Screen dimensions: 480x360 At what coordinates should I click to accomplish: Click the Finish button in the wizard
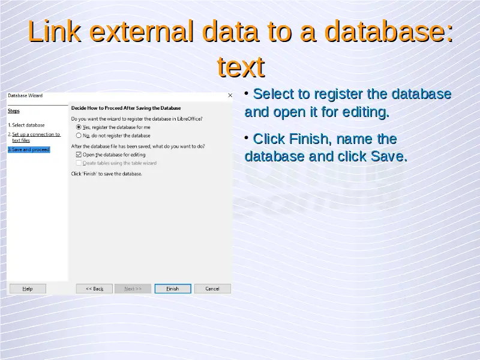point(173,289)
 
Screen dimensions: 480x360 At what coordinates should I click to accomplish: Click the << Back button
point(94,289)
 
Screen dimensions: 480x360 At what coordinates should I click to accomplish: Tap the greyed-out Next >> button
point(133,289)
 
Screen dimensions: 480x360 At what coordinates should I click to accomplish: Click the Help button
point(28,289)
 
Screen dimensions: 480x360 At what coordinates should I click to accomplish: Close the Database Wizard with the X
point(230,95)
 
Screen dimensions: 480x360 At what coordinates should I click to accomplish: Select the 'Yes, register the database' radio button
point(79,127)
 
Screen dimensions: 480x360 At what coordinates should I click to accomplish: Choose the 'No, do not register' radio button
point(79,136)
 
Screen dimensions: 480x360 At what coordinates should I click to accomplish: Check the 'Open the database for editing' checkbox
point(79,155)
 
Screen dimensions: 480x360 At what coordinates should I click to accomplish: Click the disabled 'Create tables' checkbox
point(79,163)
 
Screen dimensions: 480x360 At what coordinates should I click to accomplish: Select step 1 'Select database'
point(26,125)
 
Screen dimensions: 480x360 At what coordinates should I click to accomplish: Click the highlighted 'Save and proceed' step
point(29,149)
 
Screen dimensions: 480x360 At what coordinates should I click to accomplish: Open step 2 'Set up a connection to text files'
point(34,137)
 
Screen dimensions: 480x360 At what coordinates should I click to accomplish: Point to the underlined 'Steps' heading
point(14,111)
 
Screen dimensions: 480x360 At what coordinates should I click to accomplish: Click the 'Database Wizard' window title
point(25,95)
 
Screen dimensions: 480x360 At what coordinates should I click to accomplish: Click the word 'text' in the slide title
point(241,67)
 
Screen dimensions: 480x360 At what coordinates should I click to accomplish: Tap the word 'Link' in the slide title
point(55,31)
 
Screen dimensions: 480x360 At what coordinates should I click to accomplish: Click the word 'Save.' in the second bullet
point(389,157)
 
